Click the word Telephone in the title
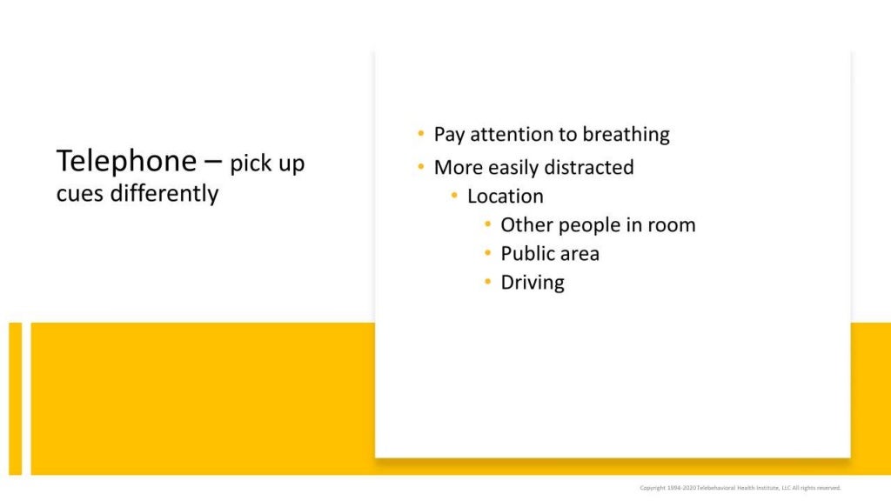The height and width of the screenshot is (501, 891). coord(126,161)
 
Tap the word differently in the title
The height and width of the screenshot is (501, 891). coord(164,193)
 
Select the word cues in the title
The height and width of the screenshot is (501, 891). coord(80,193)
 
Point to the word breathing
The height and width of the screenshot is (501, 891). coord(626,135)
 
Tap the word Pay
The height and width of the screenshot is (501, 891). coord(448,135)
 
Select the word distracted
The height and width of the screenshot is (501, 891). coord(589,166)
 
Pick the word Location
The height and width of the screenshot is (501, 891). coord(506,196)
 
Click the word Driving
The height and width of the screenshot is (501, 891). coord(533,283)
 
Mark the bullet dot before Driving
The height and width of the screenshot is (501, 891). coord(488,282)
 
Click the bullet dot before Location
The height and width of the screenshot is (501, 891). coord(455,195)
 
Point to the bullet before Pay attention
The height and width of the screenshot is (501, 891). coord(421,134)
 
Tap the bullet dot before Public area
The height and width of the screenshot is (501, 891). coord(488,253)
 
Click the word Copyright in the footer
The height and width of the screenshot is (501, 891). coord(654,488)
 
